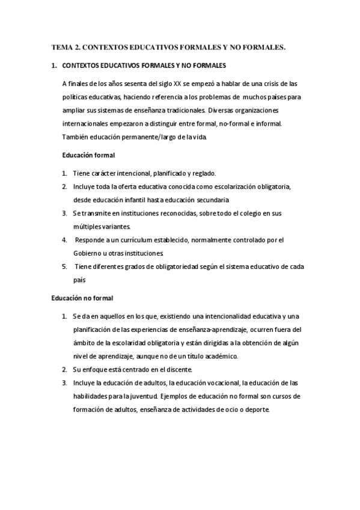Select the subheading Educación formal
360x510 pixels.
pyautogui.click(x=88, y=155)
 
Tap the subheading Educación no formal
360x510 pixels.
pyautogui.click(x=82, y=298)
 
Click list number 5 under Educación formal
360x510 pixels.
pyautogui.click(x=64, y=266)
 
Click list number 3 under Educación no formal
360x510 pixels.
pyautogui.click(x=64, y=383)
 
